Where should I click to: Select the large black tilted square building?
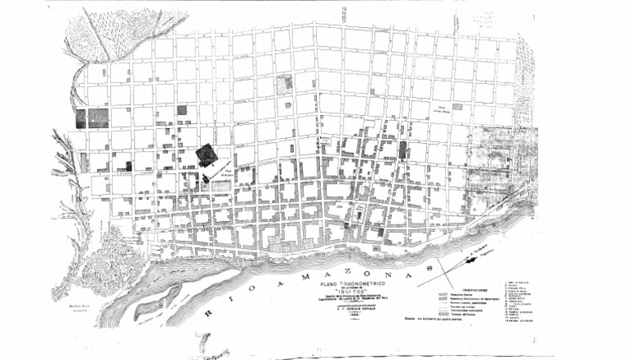click(207, 155)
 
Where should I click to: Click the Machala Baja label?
click(78, 307)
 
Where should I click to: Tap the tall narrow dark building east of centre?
click(402, 149)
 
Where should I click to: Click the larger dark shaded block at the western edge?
click(99, 118)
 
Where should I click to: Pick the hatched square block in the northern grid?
click(283, 83)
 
